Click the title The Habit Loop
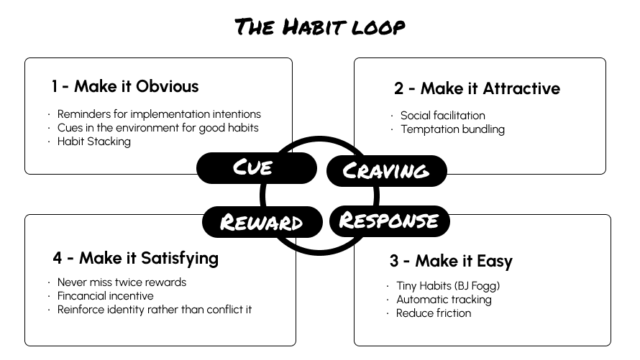[x=320, y=27]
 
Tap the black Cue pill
[x=256, y=167]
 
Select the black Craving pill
[x=386, y=171]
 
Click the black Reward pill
[x=262, y=221]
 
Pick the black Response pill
[x=389, y=220]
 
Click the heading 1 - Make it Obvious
[x=124, y=87]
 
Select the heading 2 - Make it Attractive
[x=477, y=89]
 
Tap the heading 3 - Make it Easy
[x=451, y=261]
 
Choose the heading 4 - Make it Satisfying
[x=135, y=258]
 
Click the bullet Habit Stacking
[x=94, y=142]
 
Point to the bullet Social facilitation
[x=443, y=116]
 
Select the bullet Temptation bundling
[x=452, y=129]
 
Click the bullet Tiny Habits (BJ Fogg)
[x=448, y=286]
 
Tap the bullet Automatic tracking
[x=444, y=300]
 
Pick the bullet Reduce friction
[x=434, y=313]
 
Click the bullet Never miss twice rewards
[x=122, y=282]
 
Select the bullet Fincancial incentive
[x=106, y=296]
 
